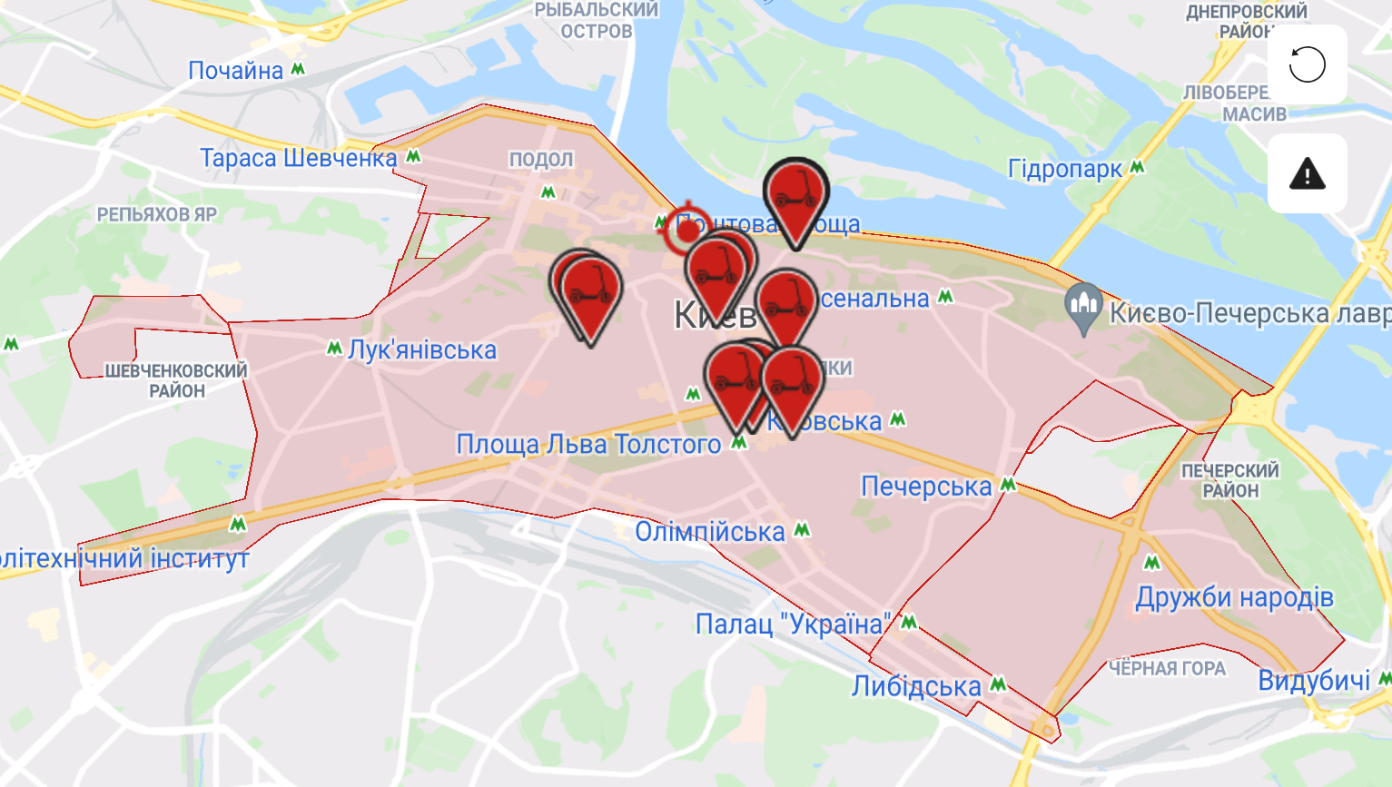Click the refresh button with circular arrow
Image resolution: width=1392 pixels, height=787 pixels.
pos(1307,64)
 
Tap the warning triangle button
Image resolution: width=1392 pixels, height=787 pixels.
pos(1307,173)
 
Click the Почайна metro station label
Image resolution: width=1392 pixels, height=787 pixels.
pos(236,71)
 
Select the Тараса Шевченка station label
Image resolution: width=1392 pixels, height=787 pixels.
pos(299,158)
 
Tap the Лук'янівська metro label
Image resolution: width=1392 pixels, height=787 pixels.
pos(422,350)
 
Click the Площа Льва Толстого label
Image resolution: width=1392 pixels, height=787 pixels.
pos(588,445)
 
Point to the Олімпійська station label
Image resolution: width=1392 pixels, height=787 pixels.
pos(710,532)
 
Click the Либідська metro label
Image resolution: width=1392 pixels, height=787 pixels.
pos(916,686)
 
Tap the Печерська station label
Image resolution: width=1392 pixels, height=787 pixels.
pos(926,487)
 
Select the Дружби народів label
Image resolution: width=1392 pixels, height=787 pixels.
pos(1234,597)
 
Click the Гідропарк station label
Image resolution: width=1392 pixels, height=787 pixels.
pos(1065,169)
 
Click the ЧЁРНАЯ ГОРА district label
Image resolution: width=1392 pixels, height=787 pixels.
pos(1167,669)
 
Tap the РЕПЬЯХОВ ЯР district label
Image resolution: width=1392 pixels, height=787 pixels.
pos(157,215)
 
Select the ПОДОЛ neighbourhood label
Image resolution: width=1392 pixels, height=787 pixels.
pos(541,160)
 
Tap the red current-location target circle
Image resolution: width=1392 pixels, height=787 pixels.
pos(687,230)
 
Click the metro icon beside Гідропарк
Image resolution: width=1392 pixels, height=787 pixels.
pos(1137,168)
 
